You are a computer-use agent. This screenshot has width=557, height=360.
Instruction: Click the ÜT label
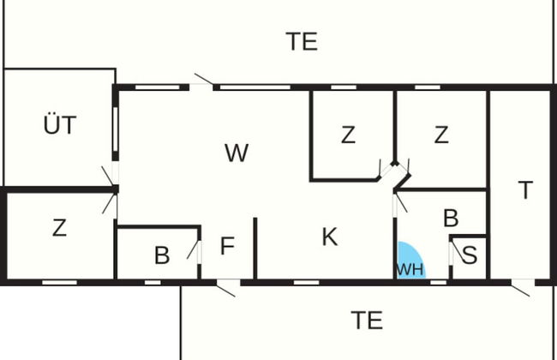tap(60, 125)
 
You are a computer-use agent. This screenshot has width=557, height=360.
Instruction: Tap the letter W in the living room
tap(237, 153)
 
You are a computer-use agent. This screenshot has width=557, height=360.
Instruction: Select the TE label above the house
tap(302, 42)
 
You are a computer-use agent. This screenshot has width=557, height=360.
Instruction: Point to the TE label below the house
tap(367, 321)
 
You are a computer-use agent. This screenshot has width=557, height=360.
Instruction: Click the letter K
tap(330, 237)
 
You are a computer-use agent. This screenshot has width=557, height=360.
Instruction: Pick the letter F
tap(227, 245)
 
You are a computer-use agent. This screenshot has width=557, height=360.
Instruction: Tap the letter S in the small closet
tap(470, 255)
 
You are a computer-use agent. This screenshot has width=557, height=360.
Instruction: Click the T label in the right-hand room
tap(525, 189)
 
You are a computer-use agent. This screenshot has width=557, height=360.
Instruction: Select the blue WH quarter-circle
tap(410, 261)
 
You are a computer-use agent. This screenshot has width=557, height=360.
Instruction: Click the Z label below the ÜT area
tap(59, 228)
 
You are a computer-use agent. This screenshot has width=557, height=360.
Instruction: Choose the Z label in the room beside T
tap(441, 135)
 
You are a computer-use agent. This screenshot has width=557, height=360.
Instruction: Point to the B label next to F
tap(162, 255)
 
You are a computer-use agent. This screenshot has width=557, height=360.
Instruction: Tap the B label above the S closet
tap(451, 218)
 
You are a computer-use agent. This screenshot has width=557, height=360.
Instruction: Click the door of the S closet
tap(457, 252)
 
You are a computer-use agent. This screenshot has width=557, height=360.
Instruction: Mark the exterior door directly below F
tap(226, 288)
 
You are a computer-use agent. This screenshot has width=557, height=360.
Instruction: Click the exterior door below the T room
tap(521, 288)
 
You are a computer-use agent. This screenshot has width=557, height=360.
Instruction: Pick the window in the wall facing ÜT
tap(115, 129)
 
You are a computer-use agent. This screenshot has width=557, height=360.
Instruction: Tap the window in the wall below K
tap(307, 283)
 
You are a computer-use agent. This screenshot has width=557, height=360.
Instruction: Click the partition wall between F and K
tap(255, 249)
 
